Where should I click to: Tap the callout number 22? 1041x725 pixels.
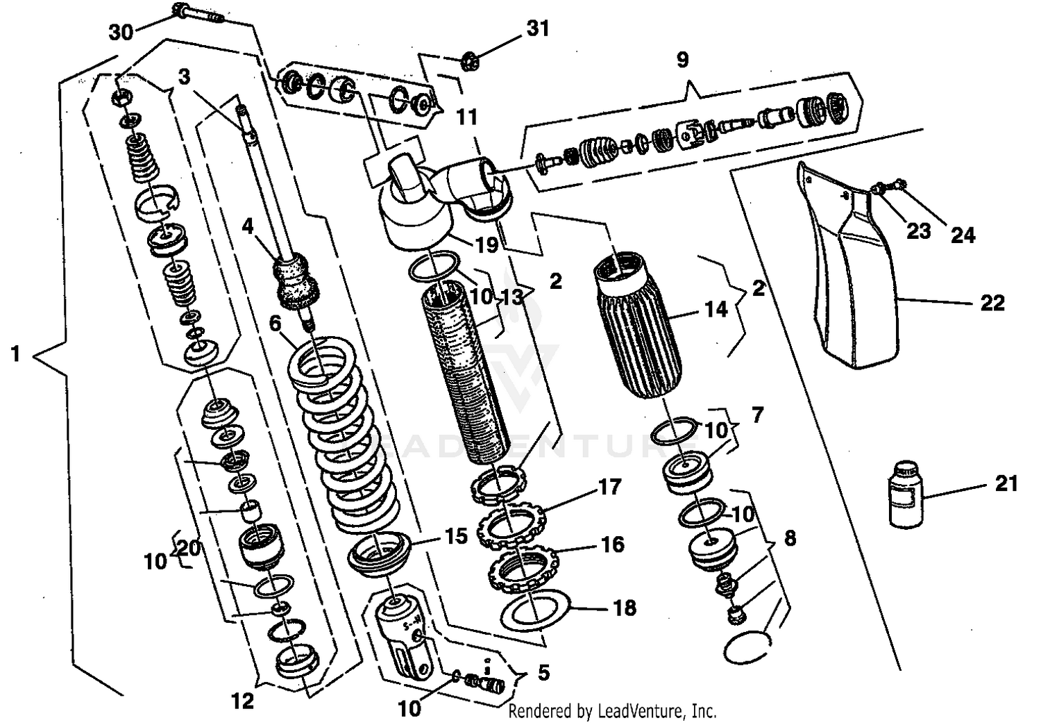[x=992, y=303]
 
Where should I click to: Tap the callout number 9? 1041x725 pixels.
[x=682, y=60]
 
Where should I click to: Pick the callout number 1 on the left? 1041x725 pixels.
[x=15, y=354]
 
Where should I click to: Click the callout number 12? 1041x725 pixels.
[x=242, y=701]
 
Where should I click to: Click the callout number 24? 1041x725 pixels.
[x=963, y=235]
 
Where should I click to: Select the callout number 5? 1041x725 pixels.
[x=543, y=672]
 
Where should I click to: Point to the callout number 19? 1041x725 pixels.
[x=486, y=244]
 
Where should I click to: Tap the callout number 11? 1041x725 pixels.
[x=467, y=117]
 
